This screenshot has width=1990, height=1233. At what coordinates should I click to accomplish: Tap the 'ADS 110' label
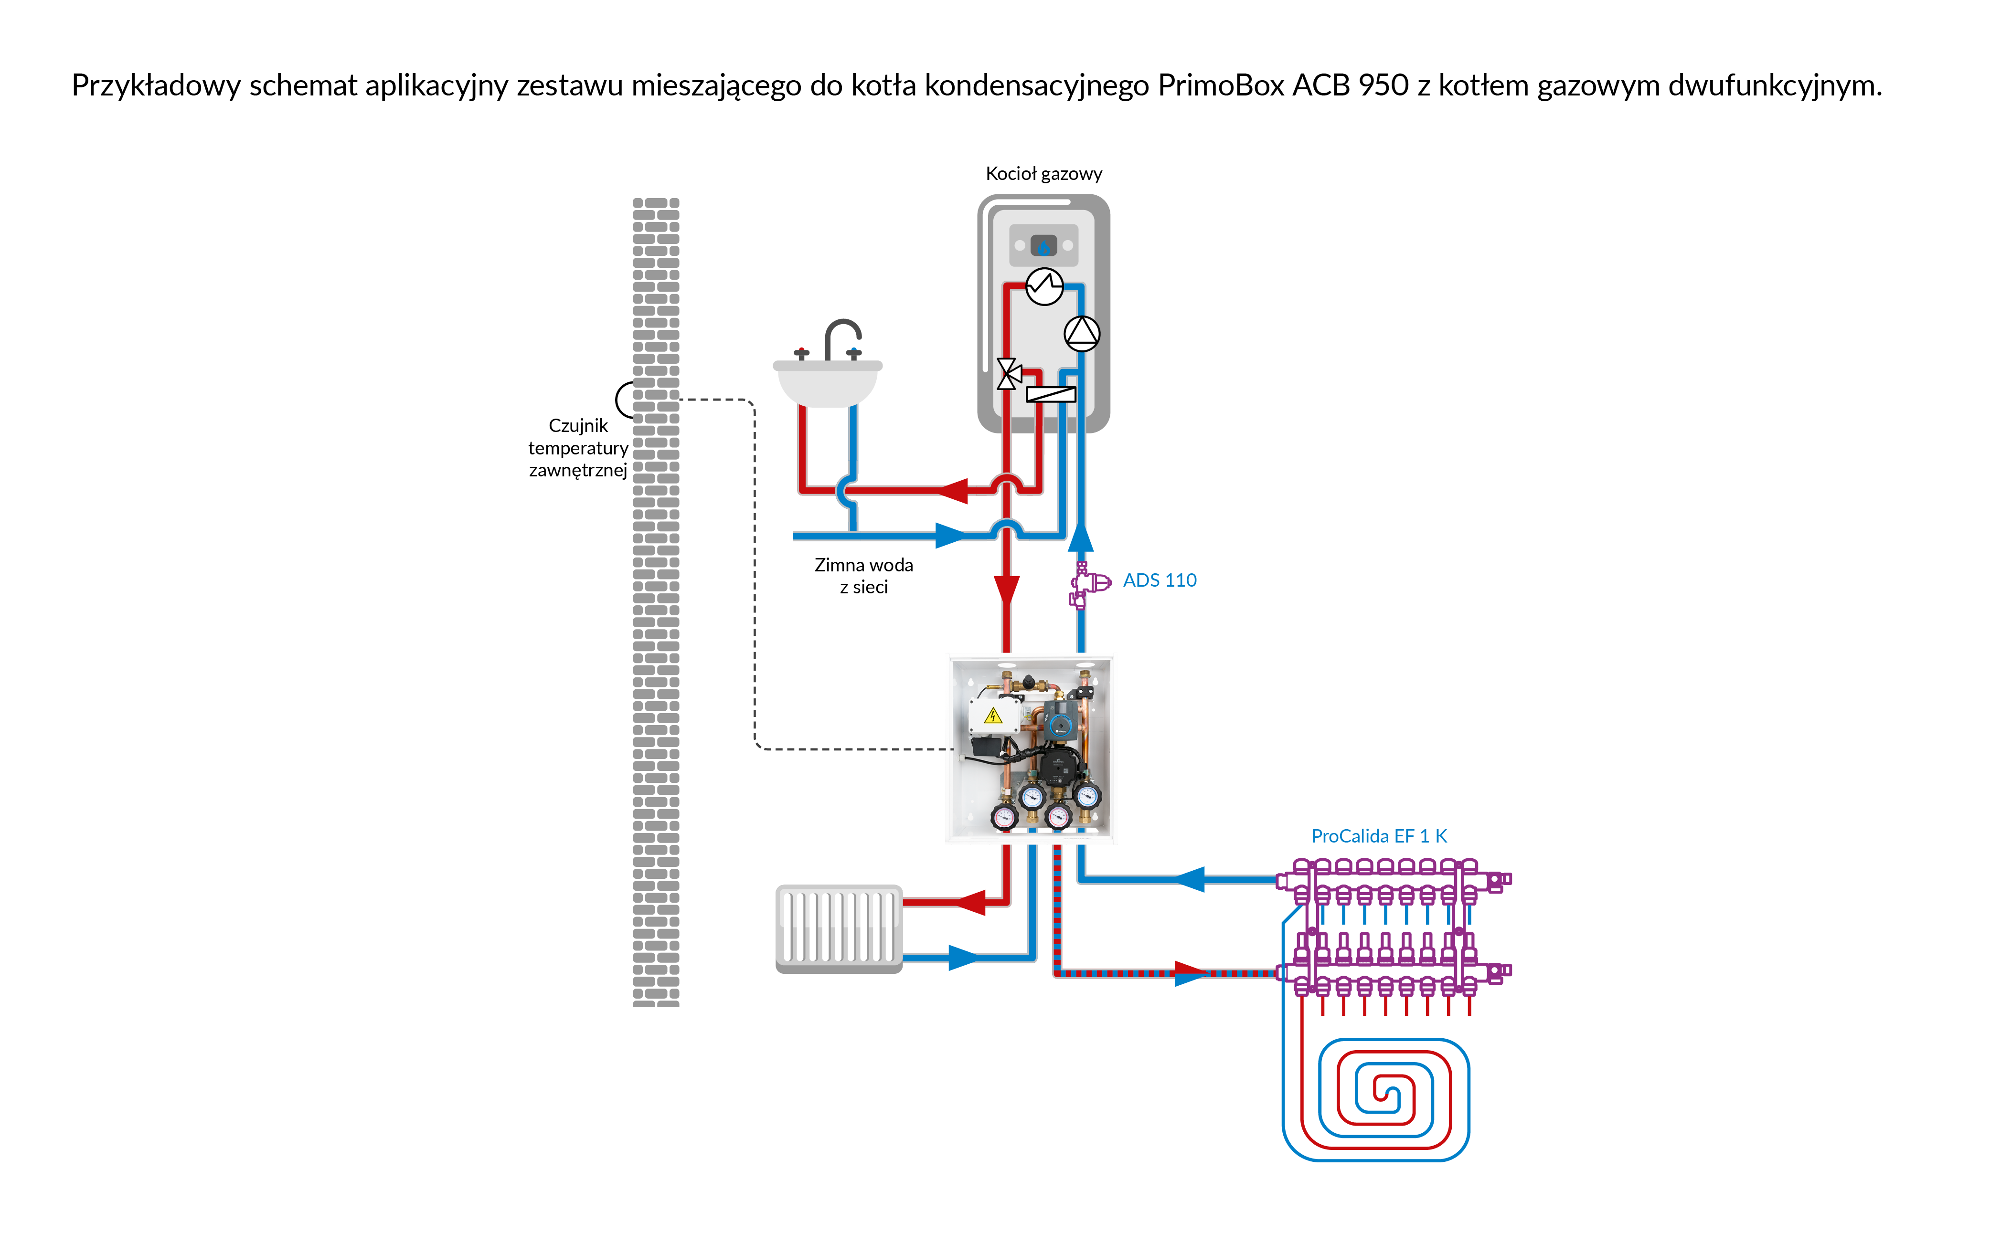[1159, 580]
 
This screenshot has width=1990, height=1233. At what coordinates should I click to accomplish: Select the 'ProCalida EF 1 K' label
[1378, 836]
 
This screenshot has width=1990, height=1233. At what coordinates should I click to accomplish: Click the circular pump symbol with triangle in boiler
[1082, 333]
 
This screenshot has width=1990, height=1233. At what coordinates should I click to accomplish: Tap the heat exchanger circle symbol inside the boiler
[1044, 286]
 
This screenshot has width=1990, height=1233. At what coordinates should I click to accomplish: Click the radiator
[839, 928]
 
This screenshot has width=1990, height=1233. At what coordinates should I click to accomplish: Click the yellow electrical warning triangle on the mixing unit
[992, 717]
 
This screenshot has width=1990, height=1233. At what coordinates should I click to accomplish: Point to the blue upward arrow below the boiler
[1081, 537]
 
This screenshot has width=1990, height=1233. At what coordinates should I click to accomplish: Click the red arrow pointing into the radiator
[970, 902]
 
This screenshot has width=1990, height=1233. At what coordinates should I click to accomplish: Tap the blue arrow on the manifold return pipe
[1190, 879]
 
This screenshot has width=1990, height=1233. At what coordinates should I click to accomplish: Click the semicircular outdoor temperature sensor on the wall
[624, 400]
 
